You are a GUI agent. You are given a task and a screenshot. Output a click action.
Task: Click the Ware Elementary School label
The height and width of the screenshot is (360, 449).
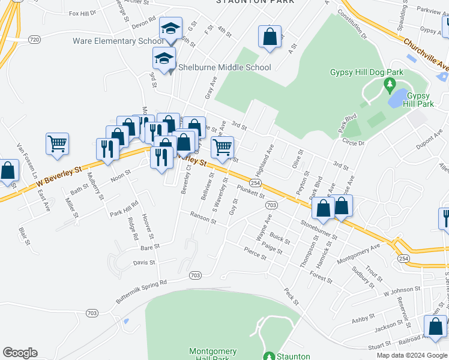click(118, 41)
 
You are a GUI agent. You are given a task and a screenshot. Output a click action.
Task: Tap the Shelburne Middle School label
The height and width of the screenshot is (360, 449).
click(224, 67)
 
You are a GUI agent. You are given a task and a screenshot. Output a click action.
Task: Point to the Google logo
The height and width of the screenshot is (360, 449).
click(20, 353)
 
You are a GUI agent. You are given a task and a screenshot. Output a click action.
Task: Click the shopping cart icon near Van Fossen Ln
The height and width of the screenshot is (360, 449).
click(57, 144)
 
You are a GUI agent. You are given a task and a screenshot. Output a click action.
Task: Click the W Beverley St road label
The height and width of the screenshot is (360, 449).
click(58, 176)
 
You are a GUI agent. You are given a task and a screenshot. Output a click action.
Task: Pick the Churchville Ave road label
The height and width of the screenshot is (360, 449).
click(426, 53)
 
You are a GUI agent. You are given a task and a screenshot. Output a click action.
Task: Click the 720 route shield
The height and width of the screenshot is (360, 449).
click(34, 40)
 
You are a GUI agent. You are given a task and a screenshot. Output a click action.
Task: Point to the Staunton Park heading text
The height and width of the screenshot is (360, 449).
click(255, 2)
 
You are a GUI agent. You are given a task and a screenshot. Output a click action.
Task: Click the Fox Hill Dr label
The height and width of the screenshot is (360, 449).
click(82, 13)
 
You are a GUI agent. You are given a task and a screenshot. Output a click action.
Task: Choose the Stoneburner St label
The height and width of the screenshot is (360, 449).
click(319, 231)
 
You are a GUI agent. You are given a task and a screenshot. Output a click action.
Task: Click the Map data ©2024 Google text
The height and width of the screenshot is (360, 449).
click(412, 355)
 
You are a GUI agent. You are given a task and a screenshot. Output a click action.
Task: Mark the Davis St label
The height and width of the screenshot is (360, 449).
click(144, 263)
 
